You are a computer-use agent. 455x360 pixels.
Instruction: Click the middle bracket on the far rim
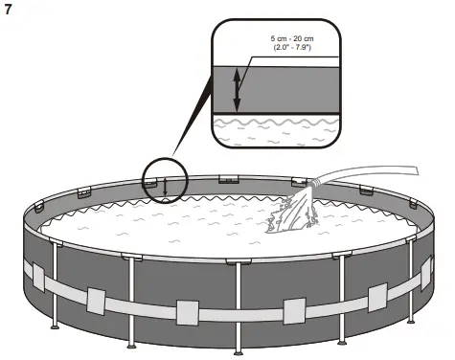click(x=229, y=179)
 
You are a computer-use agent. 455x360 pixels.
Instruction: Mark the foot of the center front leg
click(x=237, y=349)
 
